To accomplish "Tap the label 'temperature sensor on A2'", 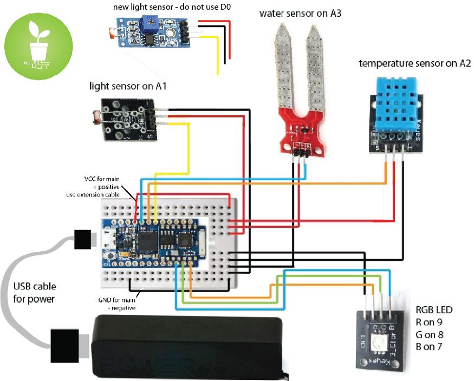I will pos(414,64).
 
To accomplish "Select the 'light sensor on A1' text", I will pos(127,86).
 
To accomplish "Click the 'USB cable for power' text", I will pos(34,292).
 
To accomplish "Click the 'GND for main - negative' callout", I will pos(117,303).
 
